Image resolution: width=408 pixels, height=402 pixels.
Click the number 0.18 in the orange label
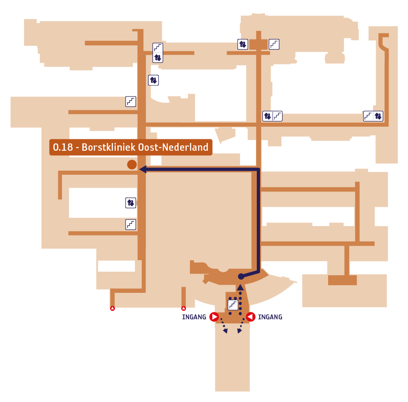[x=63, y=147]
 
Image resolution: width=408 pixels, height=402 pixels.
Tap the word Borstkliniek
[x=109, y=147]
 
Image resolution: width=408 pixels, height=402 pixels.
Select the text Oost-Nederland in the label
[x=173, y=147]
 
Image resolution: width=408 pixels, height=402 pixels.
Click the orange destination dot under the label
[x=132, y=165]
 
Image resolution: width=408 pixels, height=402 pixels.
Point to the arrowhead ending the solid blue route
[x=143, y=169]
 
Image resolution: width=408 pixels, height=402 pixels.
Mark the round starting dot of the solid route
[x=241, y=277]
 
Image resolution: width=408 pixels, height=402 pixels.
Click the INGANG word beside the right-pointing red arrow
[x=194, y=317]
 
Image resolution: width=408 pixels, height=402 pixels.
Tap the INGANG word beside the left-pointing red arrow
[x=270, y=317]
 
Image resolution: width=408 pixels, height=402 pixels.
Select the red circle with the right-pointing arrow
[x=214, y=317]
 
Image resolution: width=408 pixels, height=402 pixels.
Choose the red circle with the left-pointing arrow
[x=251, y=317]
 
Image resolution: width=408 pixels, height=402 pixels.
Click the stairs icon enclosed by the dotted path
[x=233, y=305]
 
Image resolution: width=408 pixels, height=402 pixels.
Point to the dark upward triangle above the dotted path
[x=240, y=287]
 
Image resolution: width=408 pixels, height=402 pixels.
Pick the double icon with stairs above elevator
[x=158, y=53]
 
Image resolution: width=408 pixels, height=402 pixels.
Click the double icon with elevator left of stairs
[x=272, y=116]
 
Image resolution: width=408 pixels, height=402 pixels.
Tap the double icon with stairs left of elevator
[x=373, y=116]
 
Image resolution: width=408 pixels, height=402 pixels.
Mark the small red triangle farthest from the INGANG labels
[x=112, y=308]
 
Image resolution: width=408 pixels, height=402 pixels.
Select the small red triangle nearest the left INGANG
[x=184, y=308]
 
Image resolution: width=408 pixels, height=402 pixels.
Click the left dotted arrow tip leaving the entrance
[x=225, y=331]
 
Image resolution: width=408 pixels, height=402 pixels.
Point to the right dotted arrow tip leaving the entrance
[x=239, y=331]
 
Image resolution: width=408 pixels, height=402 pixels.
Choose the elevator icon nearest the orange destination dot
[x=130, y=203]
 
